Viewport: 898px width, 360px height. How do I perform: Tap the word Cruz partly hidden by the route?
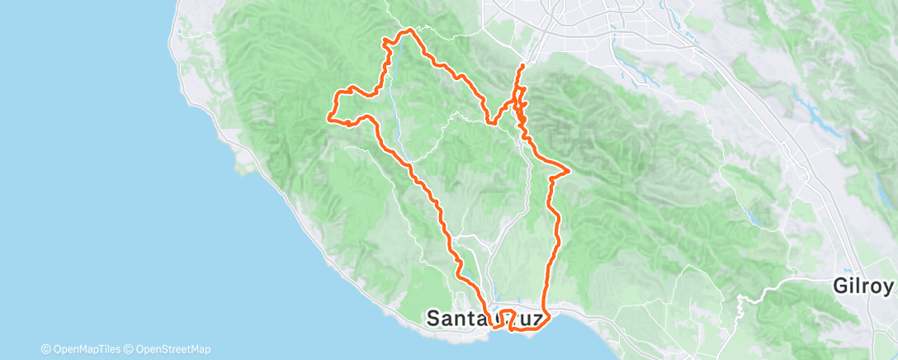518,319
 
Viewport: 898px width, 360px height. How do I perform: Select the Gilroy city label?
863,287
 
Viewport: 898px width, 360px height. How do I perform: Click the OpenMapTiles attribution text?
85,349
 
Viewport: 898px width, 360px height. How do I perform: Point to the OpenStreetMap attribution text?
173,349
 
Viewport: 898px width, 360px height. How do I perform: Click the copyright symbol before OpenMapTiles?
45,349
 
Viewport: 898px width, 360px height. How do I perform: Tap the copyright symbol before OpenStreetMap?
130,349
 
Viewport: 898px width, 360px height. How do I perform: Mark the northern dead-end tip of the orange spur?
523,64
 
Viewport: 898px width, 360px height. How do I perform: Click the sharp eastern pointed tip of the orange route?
570,170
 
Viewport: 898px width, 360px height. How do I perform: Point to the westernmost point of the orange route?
330,117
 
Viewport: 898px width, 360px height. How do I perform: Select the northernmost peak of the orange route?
407,31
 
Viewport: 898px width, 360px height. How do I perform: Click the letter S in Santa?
433,319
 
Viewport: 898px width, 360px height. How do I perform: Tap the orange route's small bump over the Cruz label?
508,314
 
